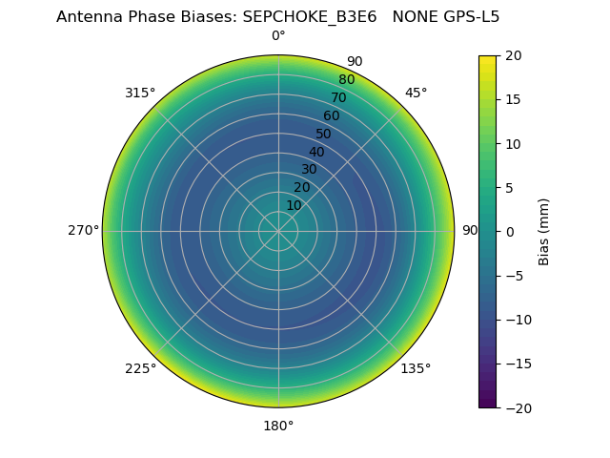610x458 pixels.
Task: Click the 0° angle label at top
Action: [278, 36]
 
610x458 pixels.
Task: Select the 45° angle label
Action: [416, 93]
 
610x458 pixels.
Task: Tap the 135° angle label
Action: [416, 369]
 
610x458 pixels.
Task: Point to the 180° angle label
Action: [278, 426]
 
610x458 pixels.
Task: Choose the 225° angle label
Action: [140, 369]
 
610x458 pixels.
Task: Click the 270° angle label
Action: [83, 231]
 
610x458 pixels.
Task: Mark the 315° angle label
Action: [140, 93]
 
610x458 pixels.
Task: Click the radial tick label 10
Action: [294, 205]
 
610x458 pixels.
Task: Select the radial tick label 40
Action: [316, 152]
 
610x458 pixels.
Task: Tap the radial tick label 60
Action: [331, 116]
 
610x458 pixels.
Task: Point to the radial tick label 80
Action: [346, 80]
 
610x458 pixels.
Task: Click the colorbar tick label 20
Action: [513, 55]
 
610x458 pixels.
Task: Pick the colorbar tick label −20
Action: [516, 407]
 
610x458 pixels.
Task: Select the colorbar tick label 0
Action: [510, 232]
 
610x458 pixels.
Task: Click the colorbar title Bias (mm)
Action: [544, 232]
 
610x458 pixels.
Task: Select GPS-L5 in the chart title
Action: [467, 17]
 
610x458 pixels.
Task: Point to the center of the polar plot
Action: [278, 231]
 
